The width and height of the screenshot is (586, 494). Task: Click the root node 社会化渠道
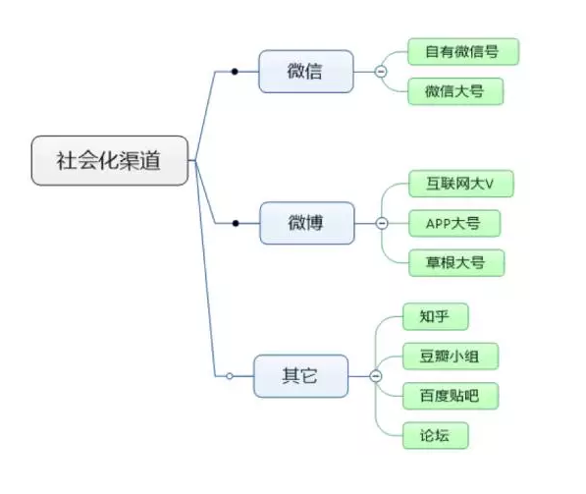(110, 160)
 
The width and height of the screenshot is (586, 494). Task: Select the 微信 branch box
(306, 71)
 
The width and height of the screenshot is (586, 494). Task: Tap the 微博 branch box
(307, 223)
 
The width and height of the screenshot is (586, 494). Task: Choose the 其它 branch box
(300, 376)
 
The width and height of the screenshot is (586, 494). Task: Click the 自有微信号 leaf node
(463, 52)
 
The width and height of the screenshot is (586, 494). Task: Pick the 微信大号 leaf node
(455, 91)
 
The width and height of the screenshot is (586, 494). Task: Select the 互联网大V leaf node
(461, 184)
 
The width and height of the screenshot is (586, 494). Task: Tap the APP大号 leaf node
(454, 223)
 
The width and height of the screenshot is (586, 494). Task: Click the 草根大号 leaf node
(456, 263)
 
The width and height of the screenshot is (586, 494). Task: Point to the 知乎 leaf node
(436, 316)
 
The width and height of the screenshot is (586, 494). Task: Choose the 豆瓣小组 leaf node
(451, 356)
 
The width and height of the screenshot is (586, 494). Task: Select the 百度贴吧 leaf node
(451, 396)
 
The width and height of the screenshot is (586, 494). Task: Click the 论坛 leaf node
(436, 435)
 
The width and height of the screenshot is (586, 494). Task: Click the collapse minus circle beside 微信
(381, 72)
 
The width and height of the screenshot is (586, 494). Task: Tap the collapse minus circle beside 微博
(382, 223)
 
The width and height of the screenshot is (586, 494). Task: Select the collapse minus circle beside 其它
(376, 376)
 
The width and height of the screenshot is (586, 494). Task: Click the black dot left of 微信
(235, 72)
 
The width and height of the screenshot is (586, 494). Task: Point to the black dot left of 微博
(236, 223)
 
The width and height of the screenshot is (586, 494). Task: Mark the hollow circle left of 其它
(230, 376)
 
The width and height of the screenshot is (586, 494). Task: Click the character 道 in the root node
(151, 160)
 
